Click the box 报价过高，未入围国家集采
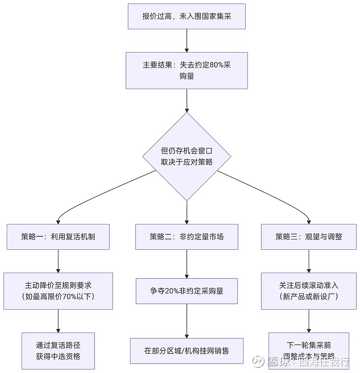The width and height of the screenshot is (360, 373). pos(187,16)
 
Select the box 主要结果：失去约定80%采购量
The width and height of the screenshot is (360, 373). pos(187,70)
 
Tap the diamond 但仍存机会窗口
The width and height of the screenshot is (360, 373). pos(187,156)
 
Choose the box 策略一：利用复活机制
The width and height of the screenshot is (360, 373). pos(58,237)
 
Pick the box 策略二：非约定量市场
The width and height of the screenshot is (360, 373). pos(187,237)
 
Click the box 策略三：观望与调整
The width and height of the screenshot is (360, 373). pos(309,237)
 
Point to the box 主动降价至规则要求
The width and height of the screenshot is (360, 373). pos(58,291)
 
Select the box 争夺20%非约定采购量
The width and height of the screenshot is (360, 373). pos(187,291)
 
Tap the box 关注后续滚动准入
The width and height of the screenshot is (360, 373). pos(309,291)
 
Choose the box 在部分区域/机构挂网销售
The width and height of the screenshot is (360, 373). pos(187,351)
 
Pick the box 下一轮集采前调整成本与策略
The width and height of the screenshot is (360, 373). pos(309,351)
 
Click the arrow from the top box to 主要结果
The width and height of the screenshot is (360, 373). pos(187,40)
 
